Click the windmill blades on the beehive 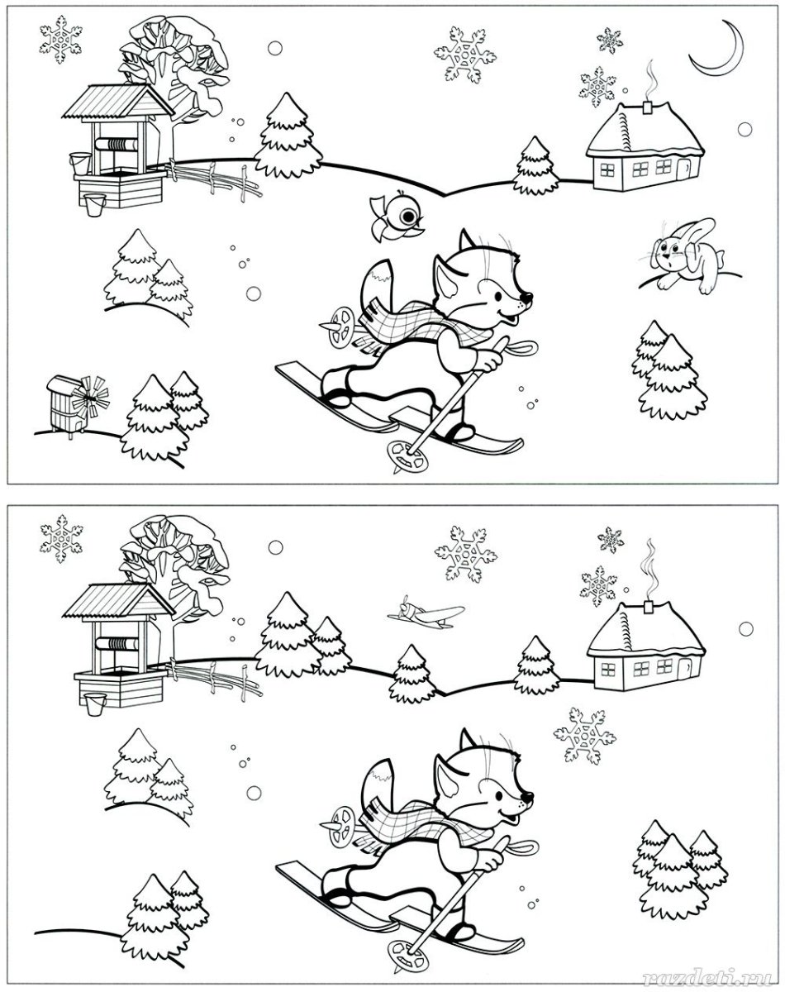(x=92, y=396)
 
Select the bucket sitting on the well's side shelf (x=80, y=164)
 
